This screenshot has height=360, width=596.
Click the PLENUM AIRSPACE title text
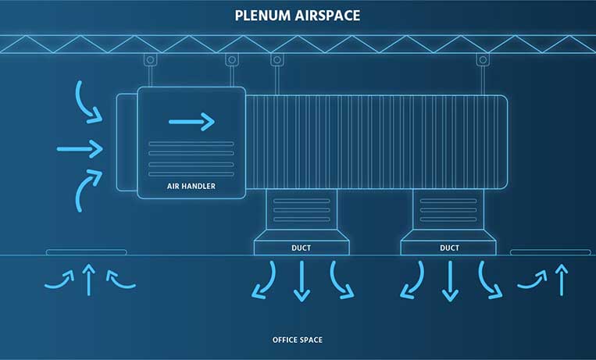[x=298, y=15]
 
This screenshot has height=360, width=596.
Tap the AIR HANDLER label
[x=191, y=187]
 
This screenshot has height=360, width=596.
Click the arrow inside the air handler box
[x=191, y=120]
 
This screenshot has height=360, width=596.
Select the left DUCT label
[x=302, y=248]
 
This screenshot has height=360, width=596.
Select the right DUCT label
[x=449, y=248]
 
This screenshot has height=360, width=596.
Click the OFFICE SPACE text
[x=297, y=340]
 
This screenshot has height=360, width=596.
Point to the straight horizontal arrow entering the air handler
[x=80, y=148]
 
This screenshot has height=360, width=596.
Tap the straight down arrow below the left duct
[x=302, y=281]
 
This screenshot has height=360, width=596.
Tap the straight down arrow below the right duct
[x=449, y=281]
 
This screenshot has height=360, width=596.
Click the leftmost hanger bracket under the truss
[x=150, y=60]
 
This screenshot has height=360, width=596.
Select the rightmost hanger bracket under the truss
[x=484, y=60]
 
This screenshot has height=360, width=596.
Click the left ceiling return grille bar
[x=86, y=252]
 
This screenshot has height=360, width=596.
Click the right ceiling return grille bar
[x=550, y=252]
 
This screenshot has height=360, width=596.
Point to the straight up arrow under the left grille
[x=88, y=280]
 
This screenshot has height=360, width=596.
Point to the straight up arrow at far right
[x=560, y=280]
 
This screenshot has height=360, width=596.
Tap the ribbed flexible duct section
[x=375, y=142]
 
